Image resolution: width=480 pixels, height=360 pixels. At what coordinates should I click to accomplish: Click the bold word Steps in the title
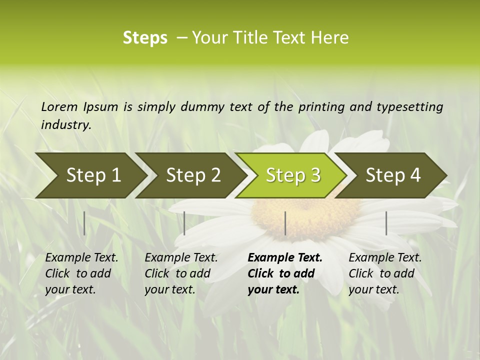coord(145,38)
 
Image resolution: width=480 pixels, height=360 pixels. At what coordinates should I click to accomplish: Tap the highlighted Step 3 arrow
coord(293,175)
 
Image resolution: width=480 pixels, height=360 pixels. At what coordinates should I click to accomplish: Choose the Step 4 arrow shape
coord(393,175)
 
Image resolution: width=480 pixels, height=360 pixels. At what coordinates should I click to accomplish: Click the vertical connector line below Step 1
coord(84,223)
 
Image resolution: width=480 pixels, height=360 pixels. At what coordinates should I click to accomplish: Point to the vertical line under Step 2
coord(184,223)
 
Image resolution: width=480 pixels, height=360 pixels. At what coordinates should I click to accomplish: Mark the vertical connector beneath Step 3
coord(285,223)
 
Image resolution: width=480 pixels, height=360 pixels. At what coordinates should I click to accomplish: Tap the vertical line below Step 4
coord(386,223)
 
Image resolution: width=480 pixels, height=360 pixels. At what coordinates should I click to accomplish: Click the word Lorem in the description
coord(59,106)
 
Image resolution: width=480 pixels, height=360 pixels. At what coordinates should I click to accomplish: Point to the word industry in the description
coord(65,125)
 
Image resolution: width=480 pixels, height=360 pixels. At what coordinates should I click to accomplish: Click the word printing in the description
coord(322,106)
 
